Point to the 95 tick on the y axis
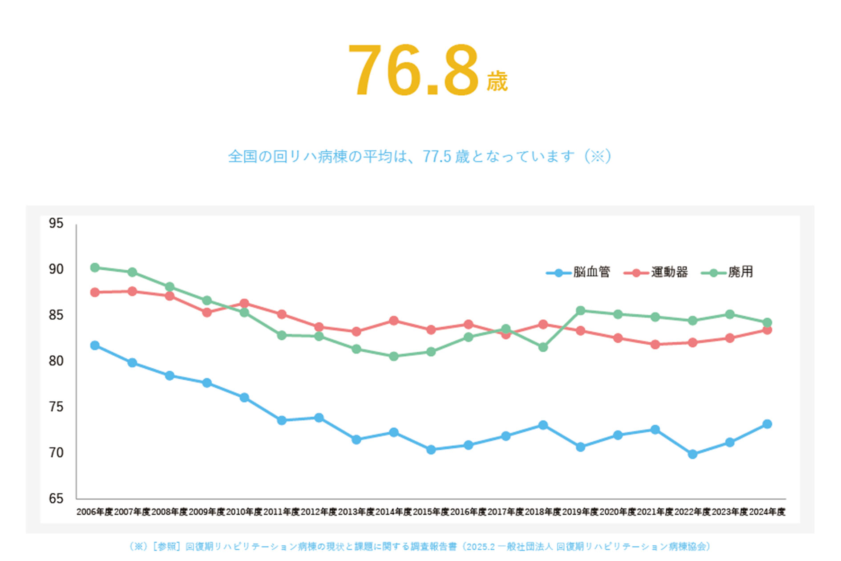coord(56,223)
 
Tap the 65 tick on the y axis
coord(56,498)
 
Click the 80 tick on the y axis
coord(56,361)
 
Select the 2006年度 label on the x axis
coord(95,512)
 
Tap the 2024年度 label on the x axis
coord(767,512)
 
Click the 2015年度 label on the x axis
coord(431,512)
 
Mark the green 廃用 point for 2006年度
coord(95,268)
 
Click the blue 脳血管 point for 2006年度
coord(95,346)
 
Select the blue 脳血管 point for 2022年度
coord(692,454)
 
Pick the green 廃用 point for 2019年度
coord(580,310)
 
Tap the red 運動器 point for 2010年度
coord(244,304)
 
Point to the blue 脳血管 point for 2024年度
coord(767,424)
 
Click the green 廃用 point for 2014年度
coord(393,356)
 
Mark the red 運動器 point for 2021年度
coord(655,344)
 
